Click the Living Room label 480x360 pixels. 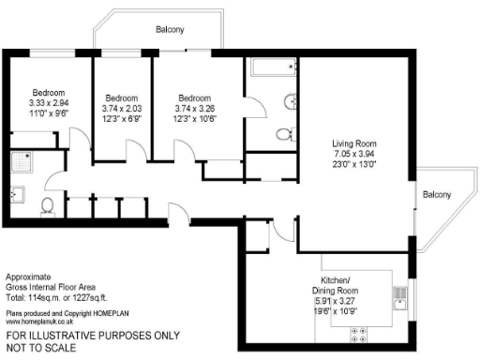[354, 143]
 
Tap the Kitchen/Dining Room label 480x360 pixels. [361, 286]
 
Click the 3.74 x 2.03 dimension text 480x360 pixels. [122, 109]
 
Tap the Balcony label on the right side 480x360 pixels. [436, 195]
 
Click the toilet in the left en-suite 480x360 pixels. [48, 206]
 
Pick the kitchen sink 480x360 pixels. [400, 299]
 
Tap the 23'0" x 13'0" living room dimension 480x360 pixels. [354, 166]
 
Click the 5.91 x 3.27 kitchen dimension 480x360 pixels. [361, 303]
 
